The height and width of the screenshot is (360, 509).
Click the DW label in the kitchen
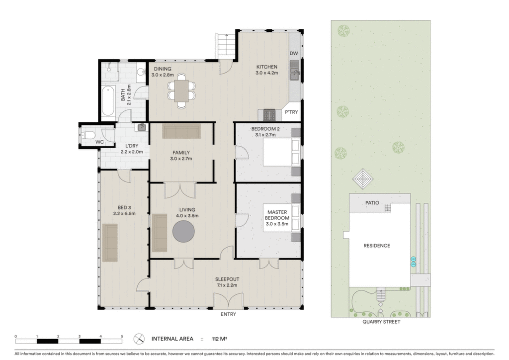293,54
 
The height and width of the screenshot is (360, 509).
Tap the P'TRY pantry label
291,112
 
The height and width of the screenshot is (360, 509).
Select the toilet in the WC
88,135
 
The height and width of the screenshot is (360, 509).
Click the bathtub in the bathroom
108,101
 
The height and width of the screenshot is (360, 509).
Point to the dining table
181,91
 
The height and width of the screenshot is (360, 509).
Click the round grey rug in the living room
183,231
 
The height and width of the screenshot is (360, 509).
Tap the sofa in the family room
181,131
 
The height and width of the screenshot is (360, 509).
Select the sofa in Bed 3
110,243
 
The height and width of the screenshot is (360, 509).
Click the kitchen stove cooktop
269,115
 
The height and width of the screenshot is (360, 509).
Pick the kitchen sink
294,70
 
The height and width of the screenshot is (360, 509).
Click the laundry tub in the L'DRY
142,127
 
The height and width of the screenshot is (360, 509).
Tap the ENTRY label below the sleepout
228,314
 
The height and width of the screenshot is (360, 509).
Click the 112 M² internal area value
219,339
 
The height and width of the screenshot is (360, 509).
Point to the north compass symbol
139,339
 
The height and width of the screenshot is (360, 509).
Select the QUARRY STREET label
381,322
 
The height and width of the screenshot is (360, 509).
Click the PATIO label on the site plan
372,203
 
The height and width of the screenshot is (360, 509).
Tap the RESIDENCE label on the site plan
377,246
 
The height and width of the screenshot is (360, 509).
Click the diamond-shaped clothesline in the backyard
363,179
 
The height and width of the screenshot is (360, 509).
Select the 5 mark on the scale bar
122,336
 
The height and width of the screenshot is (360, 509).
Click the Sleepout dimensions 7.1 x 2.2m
227,285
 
